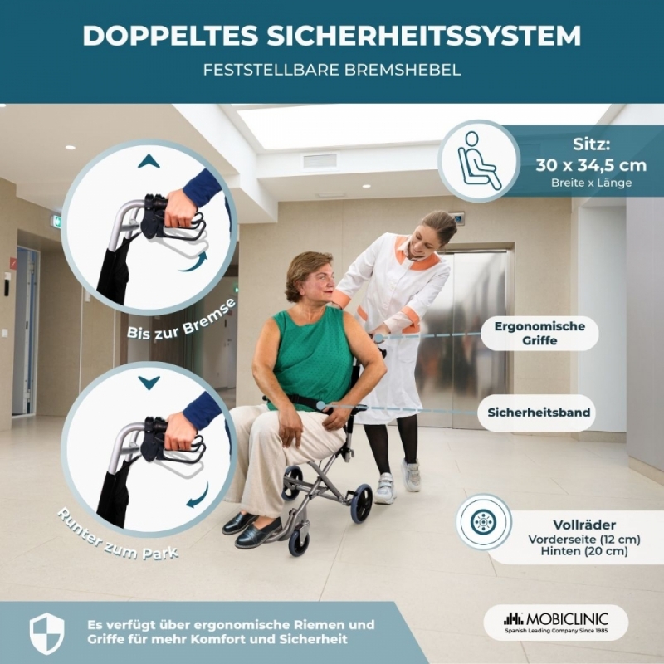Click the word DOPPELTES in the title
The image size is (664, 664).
click(170, 36)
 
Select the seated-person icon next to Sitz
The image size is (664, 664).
click(480, 161)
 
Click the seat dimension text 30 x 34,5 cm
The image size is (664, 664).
click(591, 164)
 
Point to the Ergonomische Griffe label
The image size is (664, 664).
click(539, 334)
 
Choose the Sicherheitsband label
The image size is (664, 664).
click(539, 413)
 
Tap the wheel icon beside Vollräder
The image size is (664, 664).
click(484, 523)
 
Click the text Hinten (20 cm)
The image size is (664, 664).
click(584, 551)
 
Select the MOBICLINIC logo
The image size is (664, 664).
click(556, 622)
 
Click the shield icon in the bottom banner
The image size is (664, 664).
click(46, 633)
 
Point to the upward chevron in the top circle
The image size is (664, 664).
click(149, 161)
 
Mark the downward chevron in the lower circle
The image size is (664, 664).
click(149, 383)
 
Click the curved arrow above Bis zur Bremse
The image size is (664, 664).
click(193, 261)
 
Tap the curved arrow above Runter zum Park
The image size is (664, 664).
click(198, 496)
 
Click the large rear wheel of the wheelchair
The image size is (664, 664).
click(361, 503)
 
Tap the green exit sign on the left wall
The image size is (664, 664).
click(57, 222)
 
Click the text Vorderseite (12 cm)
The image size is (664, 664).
click(584, 539)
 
